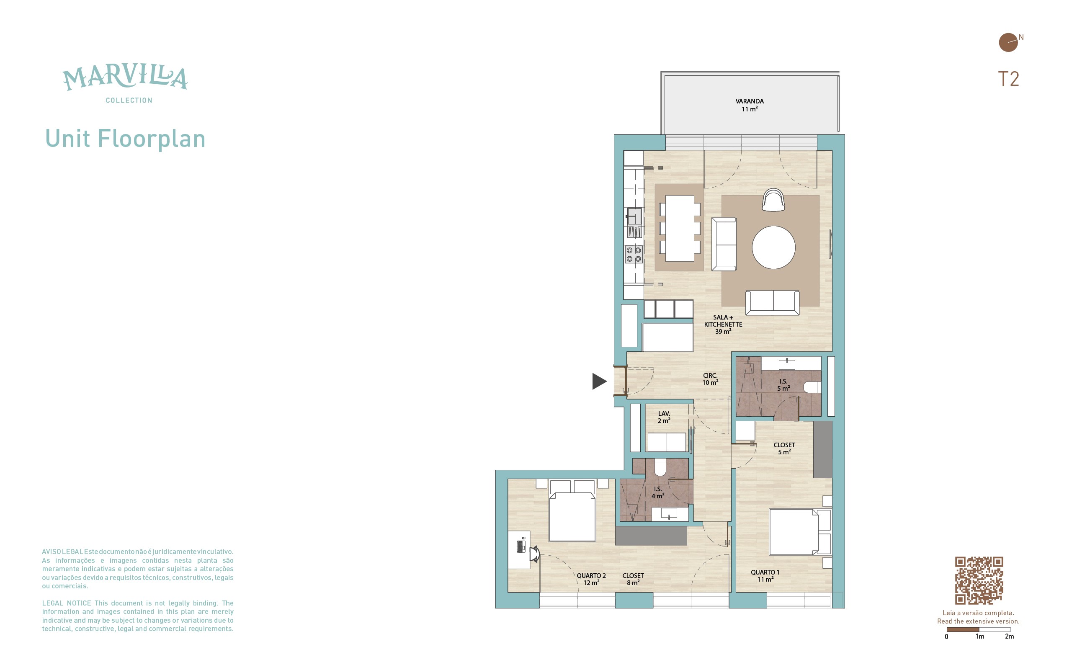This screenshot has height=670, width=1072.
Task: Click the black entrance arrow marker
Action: [x=599, y=381]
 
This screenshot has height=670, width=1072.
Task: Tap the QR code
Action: [x=979, y=580]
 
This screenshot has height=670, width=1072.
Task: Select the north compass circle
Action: [x=1008, y=43]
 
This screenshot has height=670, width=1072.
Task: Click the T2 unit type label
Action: [x=1008, y=79]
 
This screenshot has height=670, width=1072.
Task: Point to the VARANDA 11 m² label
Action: [x=750, y=105]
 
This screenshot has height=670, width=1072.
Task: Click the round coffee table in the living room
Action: [x=773, y=247]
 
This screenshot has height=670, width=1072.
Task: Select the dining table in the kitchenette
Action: [x=680, y=228]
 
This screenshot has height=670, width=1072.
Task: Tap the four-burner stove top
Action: [x=634, y=254]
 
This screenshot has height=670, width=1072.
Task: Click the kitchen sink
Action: [x=634, y=216]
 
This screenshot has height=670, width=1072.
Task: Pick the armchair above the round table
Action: [x=773, y=200]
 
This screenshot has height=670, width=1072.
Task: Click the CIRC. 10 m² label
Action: [x=710, y=379]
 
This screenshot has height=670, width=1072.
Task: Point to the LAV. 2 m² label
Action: [x=664, y=417]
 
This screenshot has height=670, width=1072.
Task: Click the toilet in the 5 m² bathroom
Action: [x=812, y=387]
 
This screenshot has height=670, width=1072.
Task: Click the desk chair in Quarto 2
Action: [x=534, y=554]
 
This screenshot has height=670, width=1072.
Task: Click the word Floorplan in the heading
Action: [x=152, y=139]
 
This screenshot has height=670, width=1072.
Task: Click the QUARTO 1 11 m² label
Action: [x=765, y=576]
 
